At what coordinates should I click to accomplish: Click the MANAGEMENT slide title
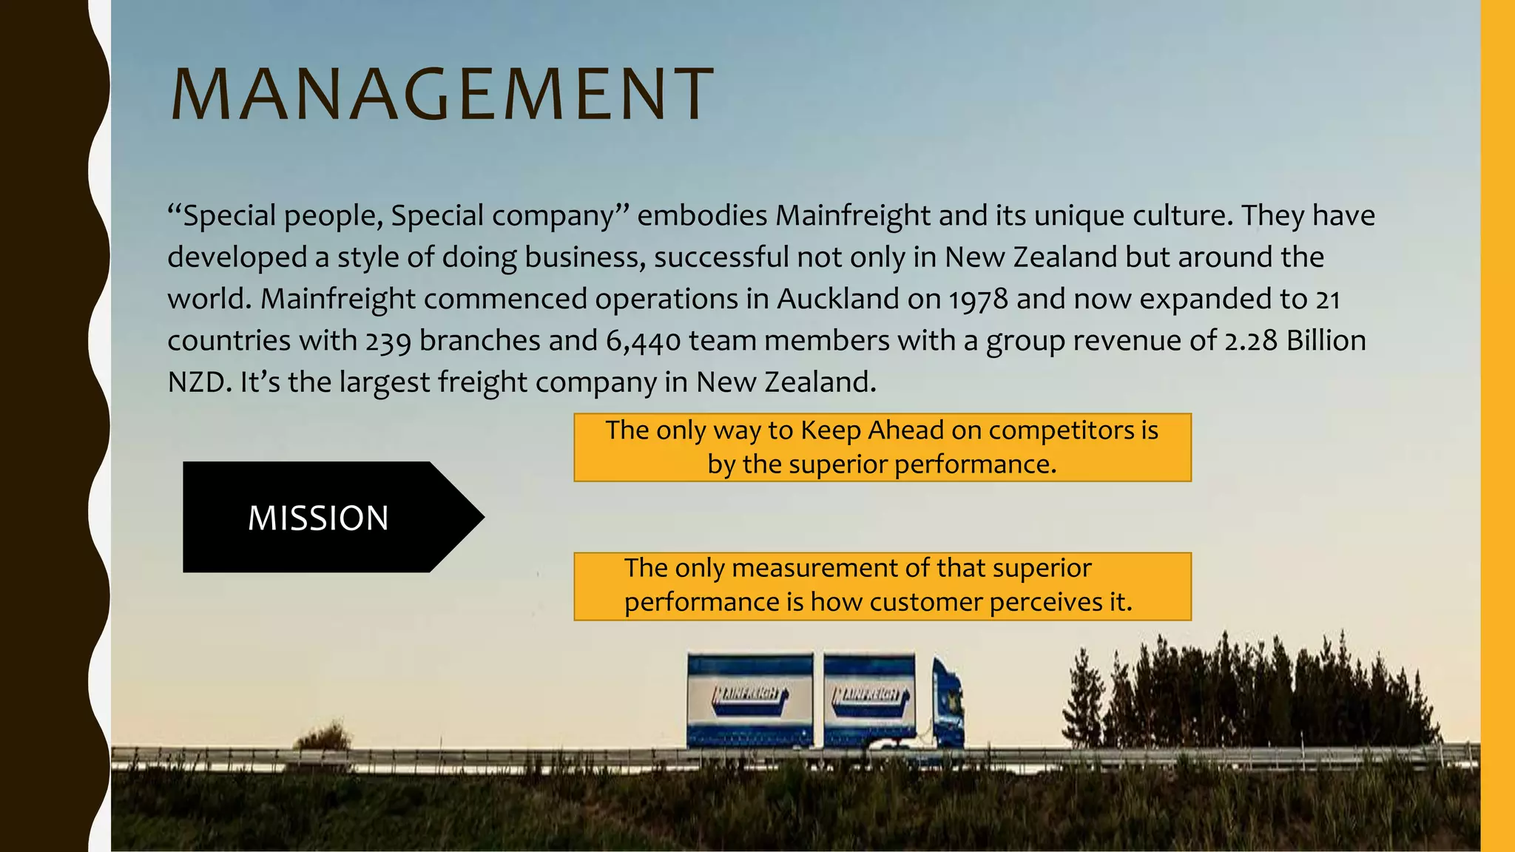pos(442,94)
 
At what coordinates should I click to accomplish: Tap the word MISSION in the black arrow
pos(318,518)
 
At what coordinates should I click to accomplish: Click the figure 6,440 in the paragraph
pos(643,341)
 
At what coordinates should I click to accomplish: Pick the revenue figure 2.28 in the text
pos(1251,340)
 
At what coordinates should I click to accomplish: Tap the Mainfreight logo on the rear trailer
pos(749,695)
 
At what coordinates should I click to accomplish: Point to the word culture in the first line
pos(1187,216)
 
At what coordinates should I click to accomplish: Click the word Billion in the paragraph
pos(1326,340)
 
